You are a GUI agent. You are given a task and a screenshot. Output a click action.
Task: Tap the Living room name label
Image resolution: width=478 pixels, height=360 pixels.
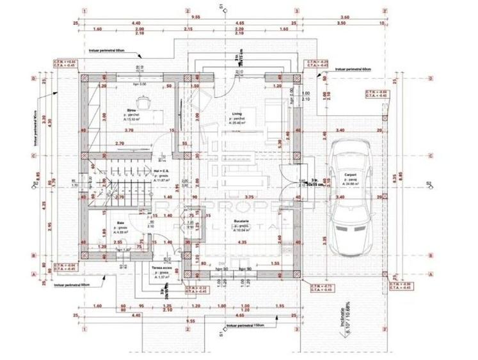(x=237, y=114)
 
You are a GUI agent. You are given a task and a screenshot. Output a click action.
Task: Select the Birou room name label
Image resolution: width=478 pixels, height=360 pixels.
(x=131, y=110)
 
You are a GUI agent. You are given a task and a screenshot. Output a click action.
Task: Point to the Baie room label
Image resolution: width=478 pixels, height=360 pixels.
(x=120, y=223)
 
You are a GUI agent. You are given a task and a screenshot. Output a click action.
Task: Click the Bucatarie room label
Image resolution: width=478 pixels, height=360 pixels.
(x=241, y=223)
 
